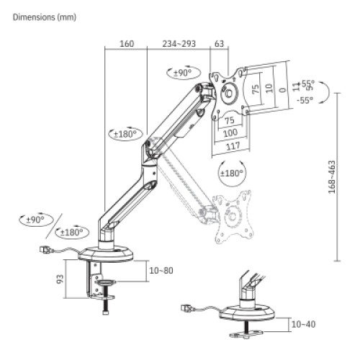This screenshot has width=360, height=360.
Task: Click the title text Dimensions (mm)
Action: tap(44, 15)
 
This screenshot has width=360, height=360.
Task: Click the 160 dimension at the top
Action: tap(126, 44)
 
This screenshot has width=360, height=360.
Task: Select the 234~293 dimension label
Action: tap(179, 44)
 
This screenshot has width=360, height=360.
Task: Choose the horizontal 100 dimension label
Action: tap(230, 134)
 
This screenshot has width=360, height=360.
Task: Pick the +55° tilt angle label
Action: tap(307, 84)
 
